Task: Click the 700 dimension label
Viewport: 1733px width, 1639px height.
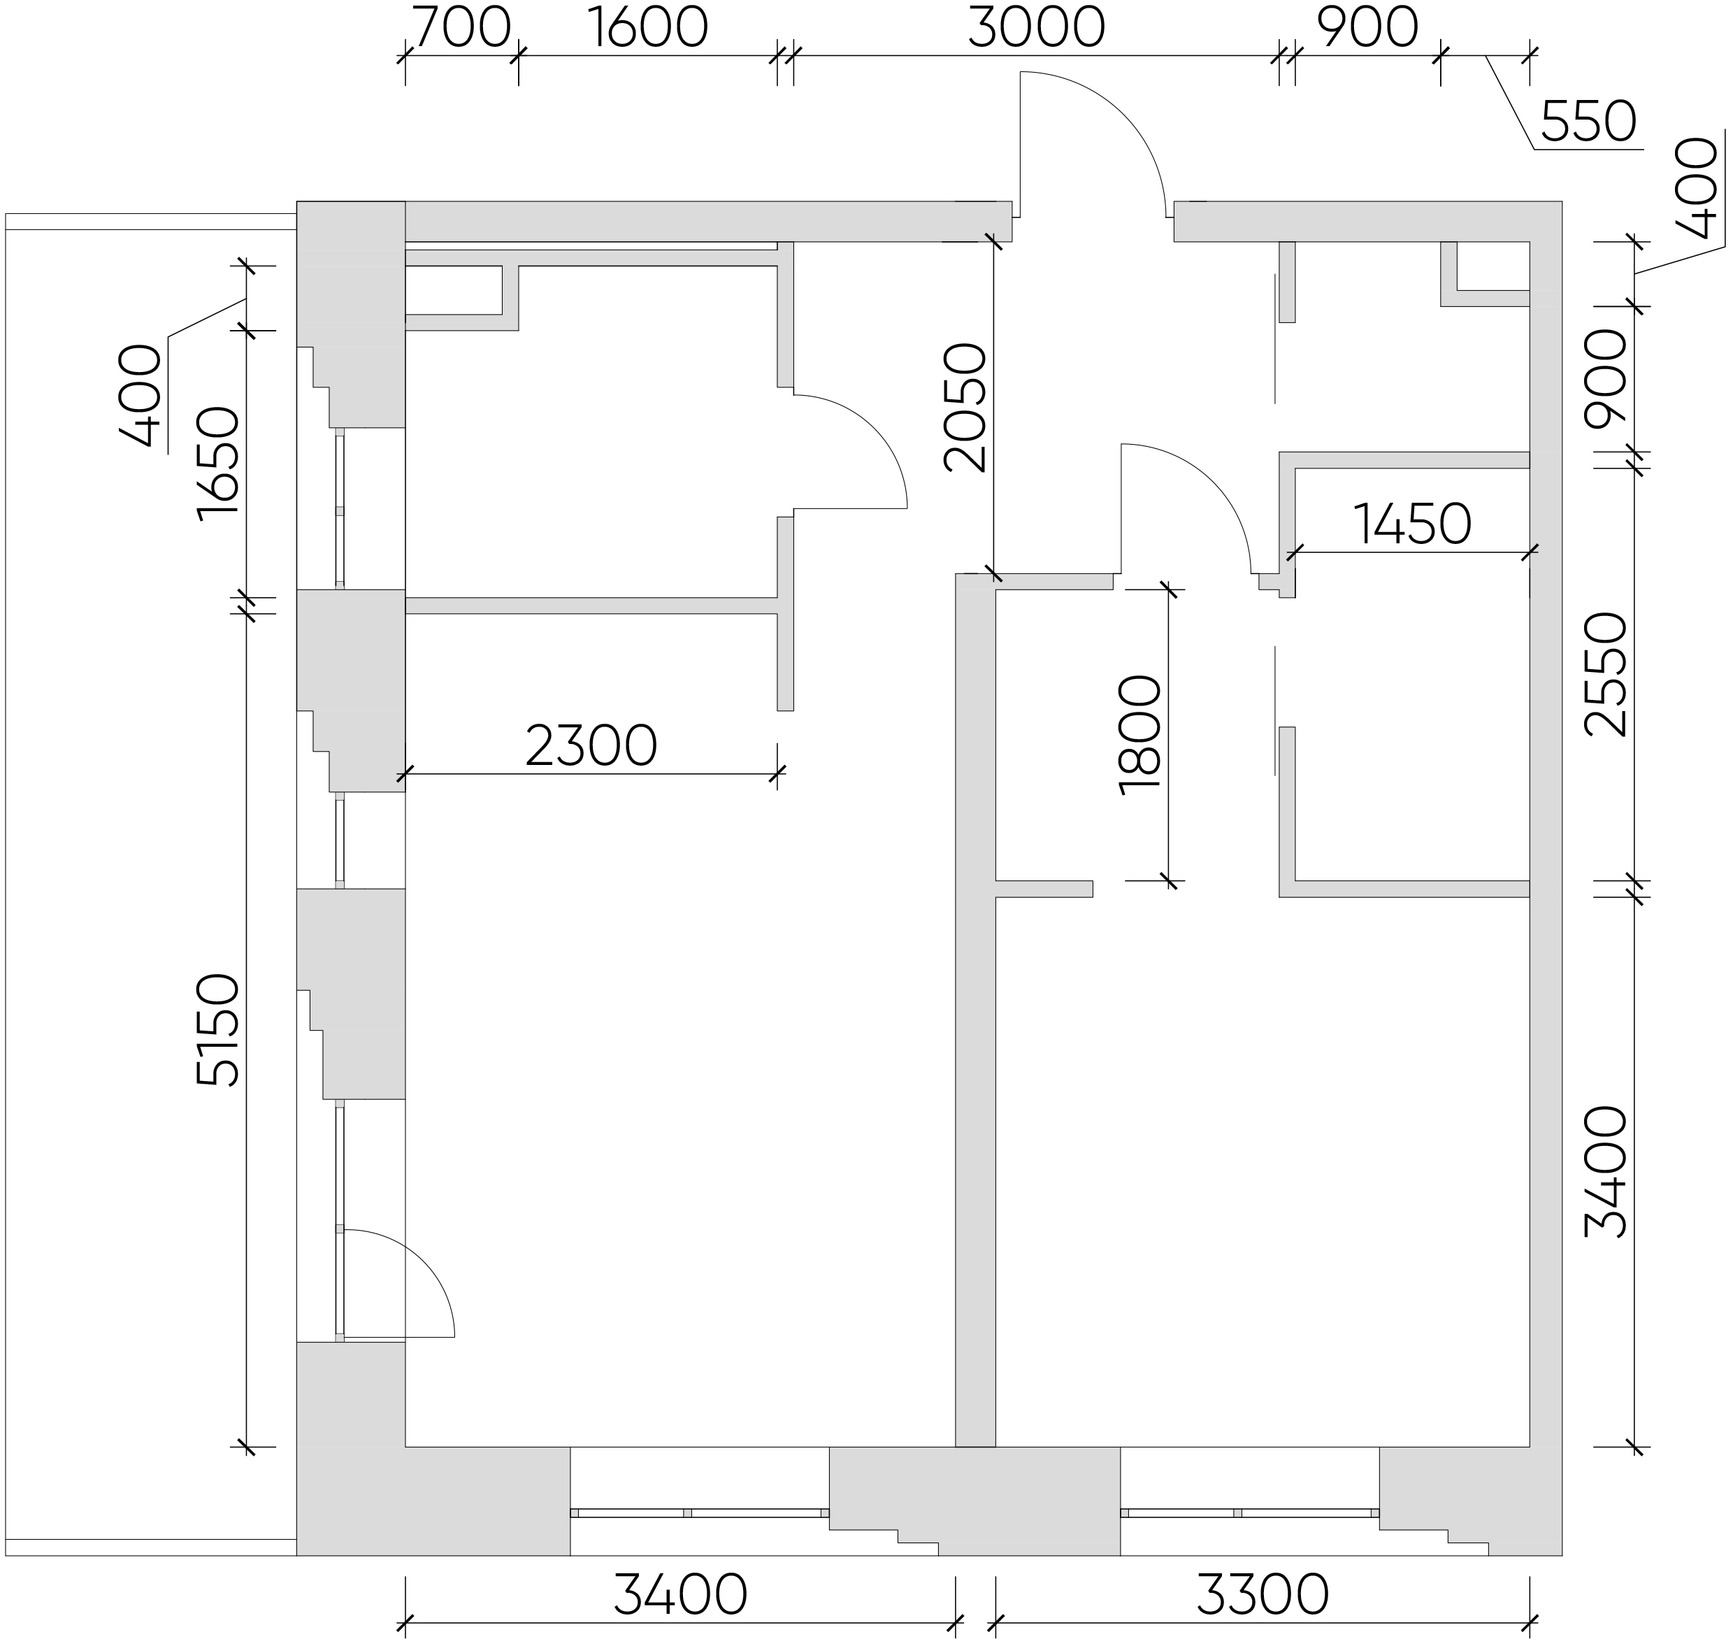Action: tap(461, 28)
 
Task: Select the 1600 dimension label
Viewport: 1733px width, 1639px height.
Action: tap(647, 28)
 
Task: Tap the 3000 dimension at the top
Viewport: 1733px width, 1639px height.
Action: tap(1037, 28)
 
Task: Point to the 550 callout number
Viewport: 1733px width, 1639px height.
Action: tap(1588, 122)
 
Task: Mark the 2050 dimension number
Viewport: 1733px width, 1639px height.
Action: tap(966, 408)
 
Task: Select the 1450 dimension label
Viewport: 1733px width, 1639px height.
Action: tap(1412, 524)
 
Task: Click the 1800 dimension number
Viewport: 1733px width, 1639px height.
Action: tap(1141, 736)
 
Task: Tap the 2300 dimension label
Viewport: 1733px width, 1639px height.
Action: tap(591, 746)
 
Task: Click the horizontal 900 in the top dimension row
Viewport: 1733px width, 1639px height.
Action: tap(1367, 28)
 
